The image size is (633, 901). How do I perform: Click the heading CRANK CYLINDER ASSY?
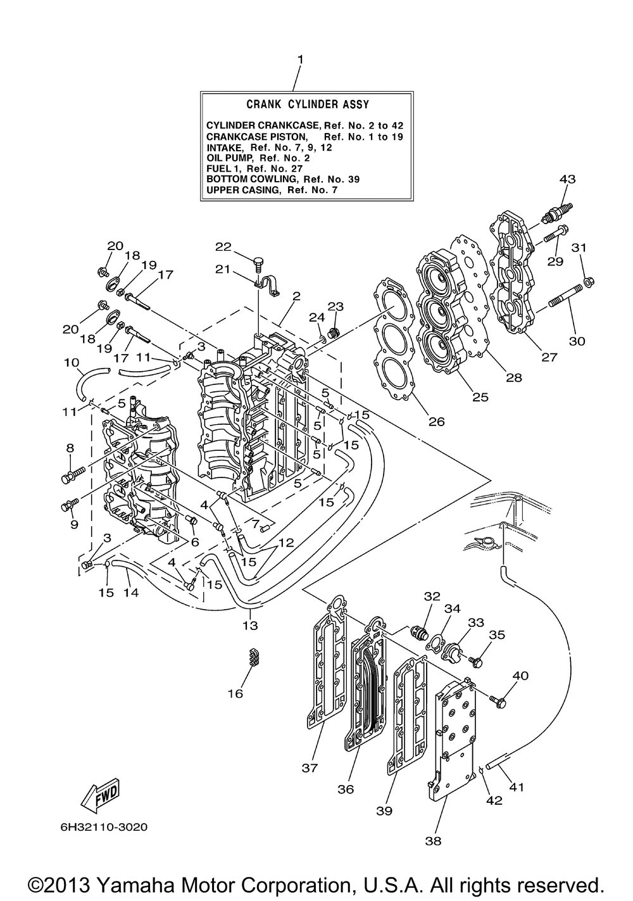click(307, 104)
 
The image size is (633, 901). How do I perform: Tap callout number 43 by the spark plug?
click(567, 179)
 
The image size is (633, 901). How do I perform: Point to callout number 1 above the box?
click(299, 60)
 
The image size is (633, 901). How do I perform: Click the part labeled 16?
click(252, 658)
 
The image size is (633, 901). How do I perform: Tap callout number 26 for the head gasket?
click(436, 421)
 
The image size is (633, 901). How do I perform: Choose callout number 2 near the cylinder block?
click(296, 296)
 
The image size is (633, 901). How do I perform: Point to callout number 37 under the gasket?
click(310, 768)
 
